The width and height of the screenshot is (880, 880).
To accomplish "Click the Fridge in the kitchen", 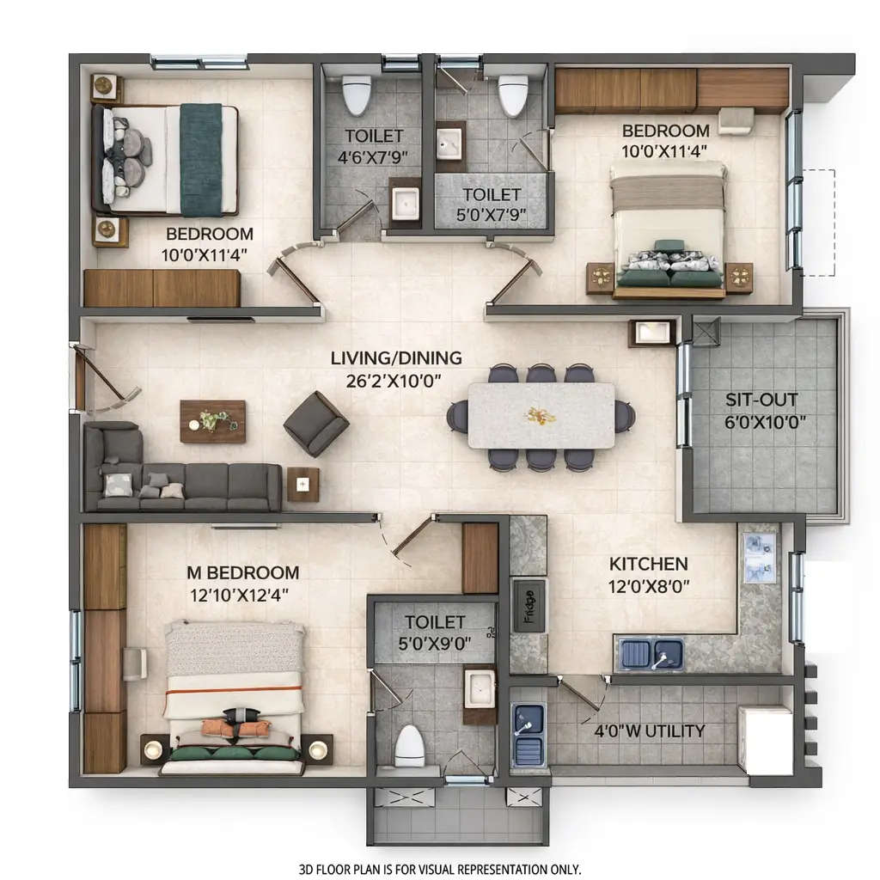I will pyautogui.click(x=529, y=605).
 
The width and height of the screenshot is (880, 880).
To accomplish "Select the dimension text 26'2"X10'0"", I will pyautogui.click(x=397, y=379).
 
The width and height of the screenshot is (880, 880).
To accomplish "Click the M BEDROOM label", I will pyautogui.click(x=243, y=572).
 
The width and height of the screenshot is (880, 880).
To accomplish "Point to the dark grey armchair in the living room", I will pyautogui.click(x=316, y=423).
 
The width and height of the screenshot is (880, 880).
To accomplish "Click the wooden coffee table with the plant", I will pyautogui.click(x=212, y=421).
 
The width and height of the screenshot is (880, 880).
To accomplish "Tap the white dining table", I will pyautogui.click(x=541, y=415).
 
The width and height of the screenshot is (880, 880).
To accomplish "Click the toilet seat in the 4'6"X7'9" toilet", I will pyautogui.click(x=356, y=95).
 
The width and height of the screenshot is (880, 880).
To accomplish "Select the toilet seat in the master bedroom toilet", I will pyautogui.click(x=410, y=745).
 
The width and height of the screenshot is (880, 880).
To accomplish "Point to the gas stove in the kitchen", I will pyautogui.click(x=760, y=557).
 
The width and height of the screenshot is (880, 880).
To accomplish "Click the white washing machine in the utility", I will pyautogui.click(x=765, y=740).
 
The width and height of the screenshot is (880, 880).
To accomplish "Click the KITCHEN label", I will pyautogui.click(x=648, y=565).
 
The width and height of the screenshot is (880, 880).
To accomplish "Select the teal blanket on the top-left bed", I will pyautogui.click(x=200, y=159).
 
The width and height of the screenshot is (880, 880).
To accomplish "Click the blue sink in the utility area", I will pyautogui.click(x=528, y=734).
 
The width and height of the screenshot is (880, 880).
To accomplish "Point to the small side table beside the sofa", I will pyautogui.click(x=302, y=484).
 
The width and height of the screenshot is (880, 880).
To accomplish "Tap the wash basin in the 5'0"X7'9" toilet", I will pyautogui.click(x=449, y=146).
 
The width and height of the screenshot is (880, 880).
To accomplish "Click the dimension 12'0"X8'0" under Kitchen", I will pyautogui.click(x=648, y=588).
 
